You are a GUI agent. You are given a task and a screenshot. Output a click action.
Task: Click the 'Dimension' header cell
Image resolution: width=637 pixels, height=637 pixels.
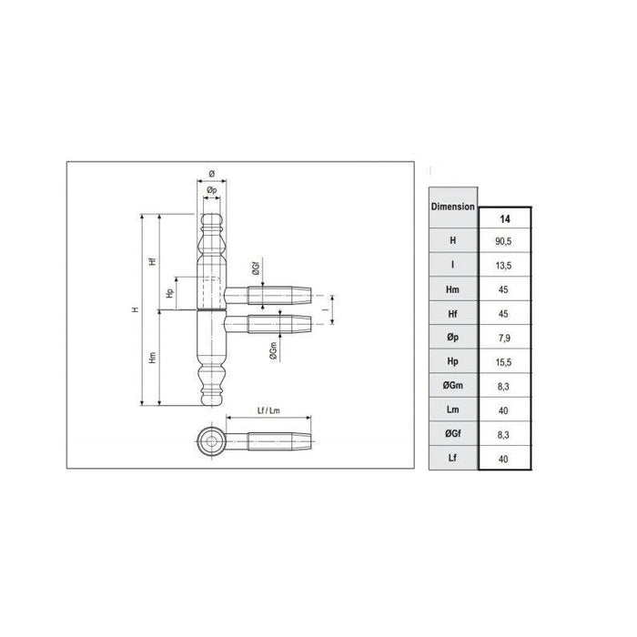tap(452, 207)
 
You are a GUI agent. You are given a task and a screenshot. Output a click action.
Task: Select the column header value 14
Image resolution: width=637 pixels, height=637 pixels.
tap(504, 219)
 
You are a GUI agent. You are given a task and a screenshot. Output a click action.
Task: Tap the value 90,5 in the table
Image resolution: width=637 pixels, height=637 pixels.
tap(503, 241)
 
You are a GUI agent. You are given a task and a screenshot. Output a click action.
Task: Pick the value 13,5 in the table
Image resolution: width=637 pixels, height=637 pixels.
tap(503, 266)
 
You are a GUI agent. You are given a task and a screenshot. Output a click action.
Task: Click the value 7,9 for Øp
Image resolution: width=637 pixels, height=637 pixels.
tap(504, 338)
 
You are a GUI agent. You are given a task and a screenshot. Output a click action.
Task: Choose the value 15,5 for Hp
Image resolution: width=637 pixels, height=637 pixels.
tap(503, 362)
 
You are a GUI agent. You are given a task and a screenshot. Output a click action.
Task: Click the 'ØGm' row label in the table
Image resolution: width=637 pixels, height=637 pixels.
tap(452, 385)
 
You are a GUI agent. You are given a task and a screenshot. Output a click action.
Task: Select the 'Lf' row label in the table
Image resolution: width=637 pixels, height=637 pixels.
tap(452, 458)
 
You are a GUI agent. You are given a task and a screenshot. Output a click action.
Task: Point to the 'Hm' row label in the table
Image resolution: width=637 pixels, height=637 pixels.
tap(452, 289)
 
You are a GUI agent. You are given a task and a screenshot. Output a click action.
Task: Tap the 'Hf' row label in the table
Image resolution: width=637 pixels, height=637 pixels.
tap(452, 314)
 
